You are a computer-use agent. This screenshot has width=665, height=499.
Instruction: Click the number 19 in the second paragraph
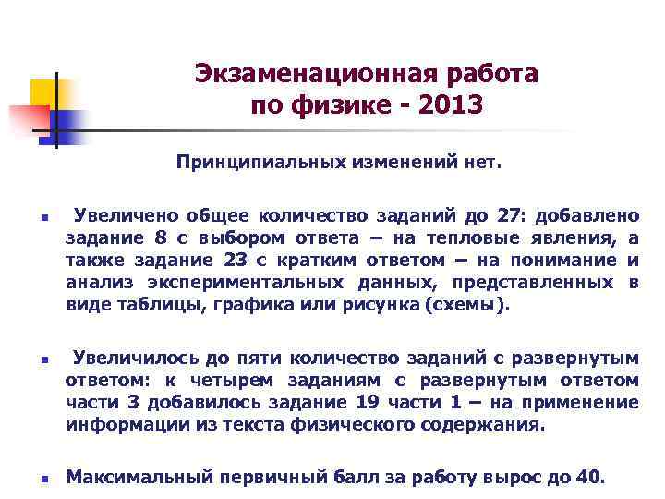tap(366, 402)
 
